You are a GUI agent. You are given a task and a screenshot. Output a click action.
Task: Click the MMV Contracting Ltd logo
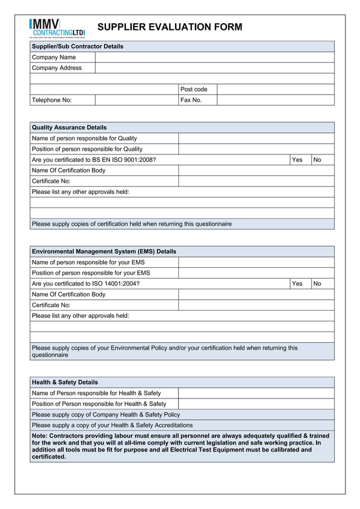coord(57,27)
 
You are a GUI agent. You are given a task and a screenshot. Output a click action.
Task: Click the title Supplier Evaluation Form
coord(170,27)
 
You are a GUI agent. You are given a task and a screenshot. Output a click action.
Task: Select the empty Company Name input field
coord(214,57)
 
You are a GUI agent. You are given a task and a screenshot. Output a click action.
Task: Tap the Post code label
coord(194,89)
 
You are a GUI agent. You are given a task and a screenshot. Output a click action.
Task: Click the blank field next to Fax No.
coord(275,100)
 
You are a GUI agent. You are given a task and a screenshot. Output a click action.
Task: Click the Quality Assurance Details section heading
coord(69,127)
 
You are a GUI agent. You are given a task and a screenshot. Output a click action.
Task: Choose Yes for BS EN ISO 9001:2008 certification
coord(297,160)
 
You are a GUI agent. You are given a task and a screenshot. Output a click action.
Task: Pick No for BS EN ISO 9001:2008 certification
coord(317,160)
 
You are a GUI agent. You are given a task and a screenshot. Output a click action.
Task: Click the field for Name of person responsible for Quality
coord(256,139)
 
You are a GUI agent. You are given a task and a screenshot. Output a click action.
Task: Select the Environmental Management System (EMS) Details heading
coord(104,251)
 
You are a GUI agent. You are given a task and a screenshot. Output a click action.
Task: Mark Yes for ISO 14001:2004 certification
coord(297,284)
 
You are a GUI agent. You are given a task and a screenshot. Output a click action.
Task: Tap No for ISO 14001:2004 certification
coord(317,284)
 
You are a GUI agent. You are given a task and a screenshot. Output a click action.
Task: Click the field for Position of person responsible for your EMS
coord(256,273)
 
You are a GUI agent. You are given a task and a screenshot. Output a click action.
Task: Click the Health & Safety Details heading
coord(65,382)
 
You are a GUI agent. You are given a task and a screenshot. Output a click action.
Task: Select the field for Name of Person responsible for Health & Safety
coord(256,393)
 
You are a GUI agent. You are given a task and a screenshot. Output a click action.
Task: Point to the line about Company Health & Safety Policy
coord(106,414)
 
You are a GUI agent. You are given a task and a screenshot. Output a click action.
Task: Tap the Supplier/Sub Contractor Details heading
coord(77,46)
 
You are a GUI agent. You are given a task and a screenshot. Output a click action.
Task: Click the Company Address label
coord(57,68)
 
